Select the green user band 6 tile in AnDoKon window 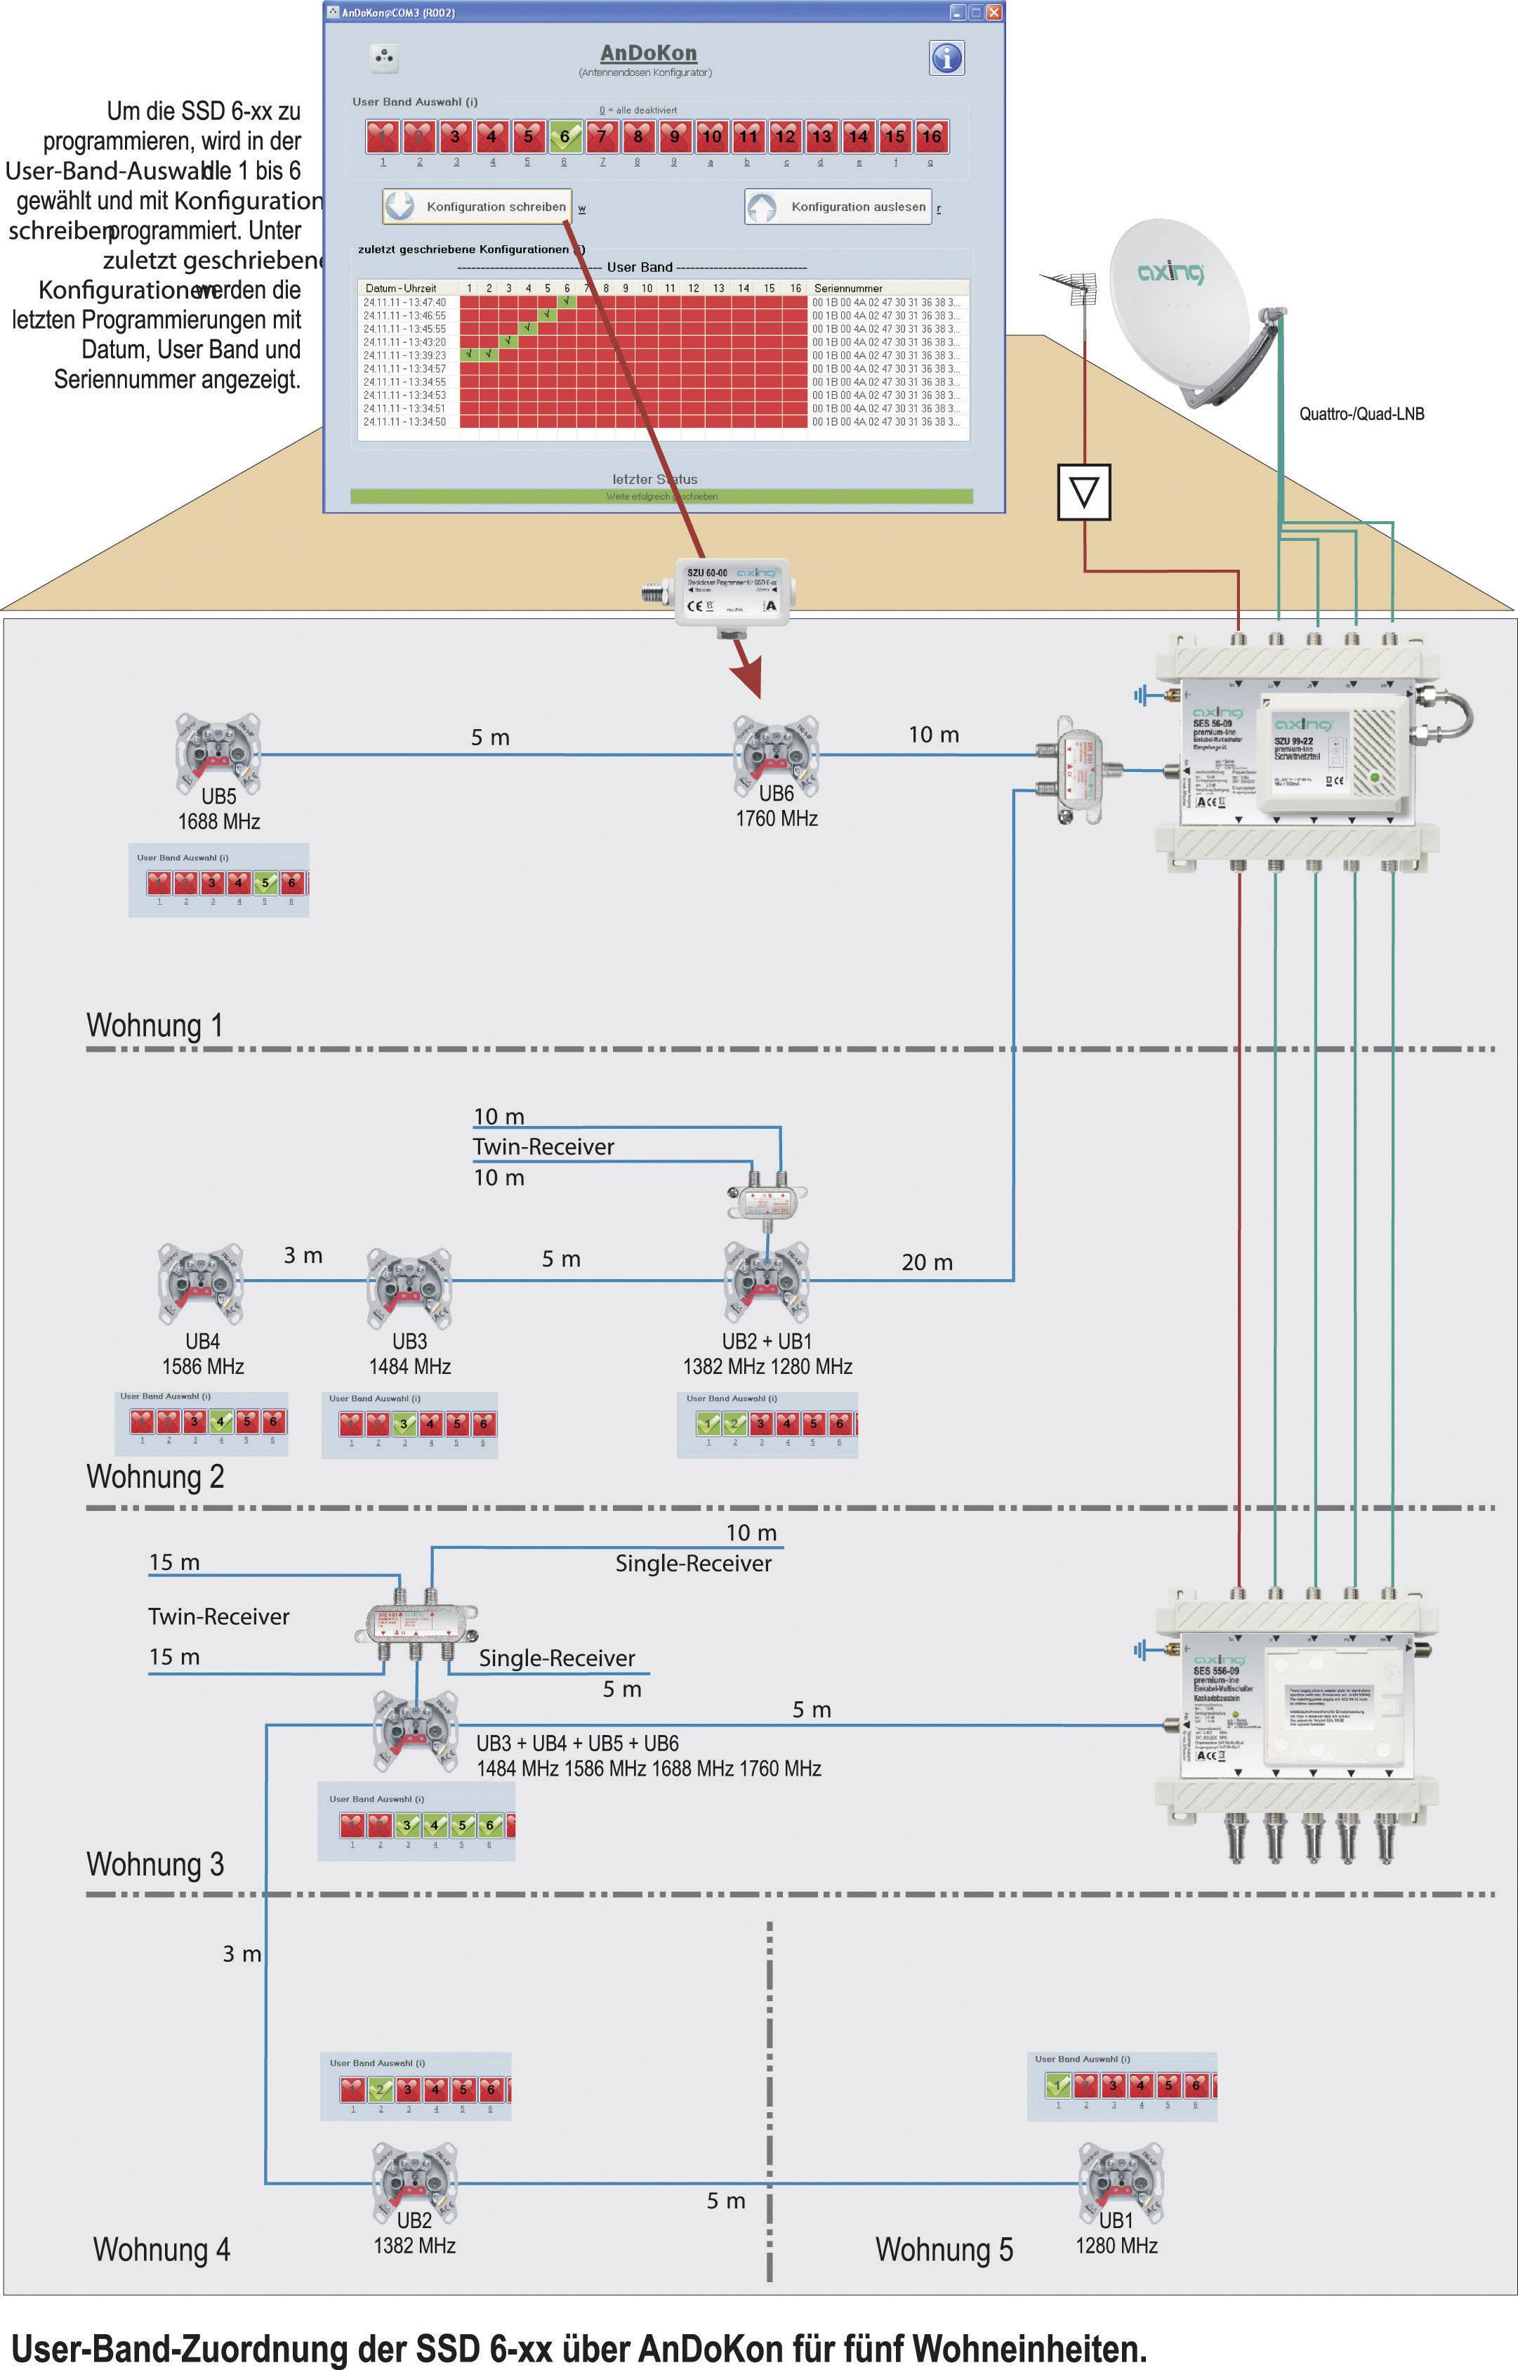coord(565,137)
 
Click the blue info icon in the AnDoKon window coord(946,58)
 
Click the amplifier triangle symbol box coord(1084,491)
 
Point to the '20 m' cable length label coord(927,1262)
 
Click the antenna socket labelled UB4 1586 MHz coord(201,1283)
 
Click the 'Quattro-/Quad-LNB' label coord(1361,414)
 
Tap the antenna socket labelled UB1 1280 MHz coord(1120,2182)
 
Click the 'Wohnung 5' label coord(944,2251)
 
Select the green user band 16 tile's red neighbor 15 coord(894,137)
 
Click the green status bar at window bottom coord(661,496)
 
